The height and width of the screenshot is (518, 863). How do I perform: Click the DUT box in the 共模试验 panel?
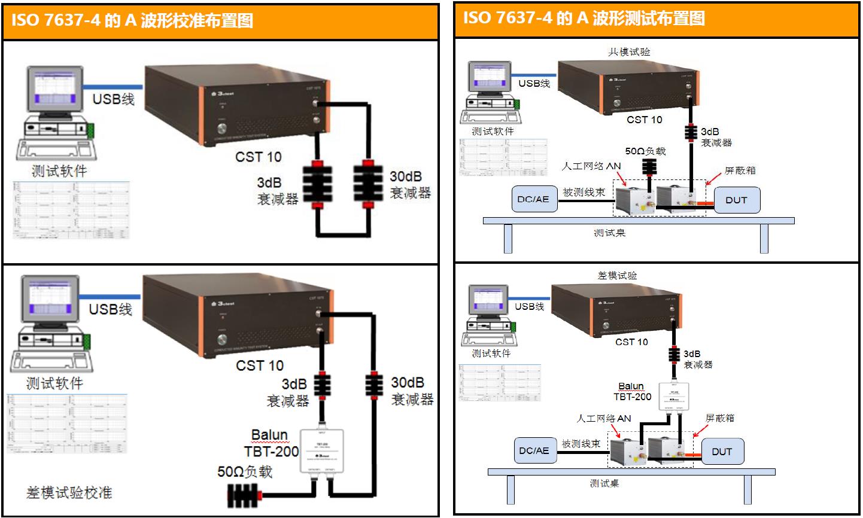[x=736, y=200]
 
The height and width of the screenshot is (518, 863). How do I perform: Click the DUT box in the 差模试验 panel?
[x=722, y=452]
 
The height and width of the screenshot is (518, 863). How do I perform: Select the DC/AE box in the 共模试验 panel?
[x=533, y=199]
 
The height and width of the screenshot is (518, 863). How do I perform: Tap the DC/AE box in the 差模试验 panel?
[x=533, y=450]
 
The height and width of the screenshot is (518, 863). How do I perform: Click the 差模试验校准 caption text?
[x=69, y=492]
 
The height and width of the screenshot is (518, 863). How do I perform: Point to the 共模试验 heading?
[x=628, y=52]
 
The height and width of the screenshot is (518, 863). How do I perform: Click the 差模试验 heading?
[x=617, y=276]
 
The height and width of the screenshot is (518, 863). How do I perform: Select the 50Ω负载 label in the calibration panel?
[x=244, y=472]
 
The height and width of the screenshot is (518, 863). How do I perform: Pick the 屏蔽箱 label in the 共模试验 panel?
[x=740, y=170]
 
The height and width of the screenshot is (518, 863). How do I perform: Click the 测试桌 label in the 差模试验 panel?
[x=604, y=483]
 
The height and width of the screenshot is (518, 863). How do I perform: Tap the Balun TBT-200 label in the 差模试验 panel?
[x=631, y=391]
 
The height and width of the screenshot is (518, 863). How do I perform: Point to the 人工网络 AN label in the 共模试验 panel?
[x=591, y=166]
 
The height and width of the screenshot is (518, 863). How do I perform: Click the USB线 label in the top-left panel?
[x=113, y=99]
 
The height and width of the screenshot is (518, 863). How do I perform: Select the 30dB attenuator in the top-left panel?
[x=367, y=183]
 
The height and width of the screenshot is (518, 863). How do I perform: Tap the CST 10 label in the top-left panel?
[x=258, y=157]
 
